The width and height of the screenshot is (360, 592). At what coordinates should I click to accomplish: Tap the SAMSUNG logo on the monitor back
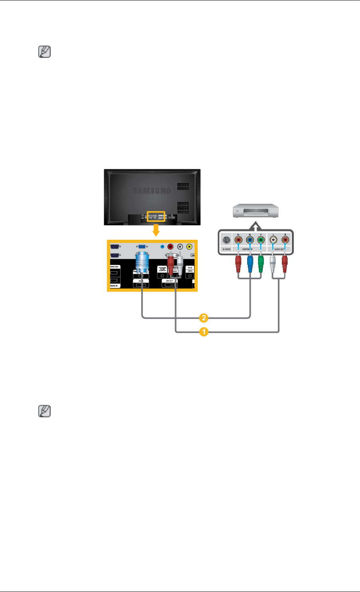pyautogui.click(x=152, y=191)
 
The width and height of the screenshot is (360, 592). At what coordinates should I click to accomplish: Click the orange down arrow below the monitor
pyautogui.click(x=156, y=229)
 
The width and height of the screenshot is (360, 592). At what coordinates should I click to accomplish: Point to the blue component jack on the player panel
pyautogui.click(x=249, y=241)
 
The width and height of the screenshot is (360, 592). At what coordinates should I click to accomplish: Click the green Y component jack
pyautogui.click(x=260, y=241)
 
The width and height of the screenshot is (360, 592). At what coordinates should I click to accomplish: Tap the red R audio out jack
pyautogui.click(x=285, y=241)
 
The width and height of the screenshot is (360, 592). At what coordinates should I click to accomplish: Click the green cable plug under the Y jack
pyautogui.click(x=260, y=264)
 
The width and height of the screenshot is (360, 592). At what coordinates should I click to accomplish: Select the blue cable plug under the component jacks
pyautogui.click(x=249, y=264)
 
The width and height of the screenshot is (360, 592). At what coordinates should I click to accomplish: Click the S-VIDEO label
pyautogui.click(x=226, y=249)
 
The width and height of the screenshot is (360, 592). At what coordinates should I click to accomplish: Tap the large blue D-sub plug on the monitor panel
pyautogui.click(x=142, y=263)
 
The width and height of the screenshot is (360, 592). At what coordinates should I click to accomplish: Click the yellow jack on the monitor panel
pyautogui.click(x=189, y=247)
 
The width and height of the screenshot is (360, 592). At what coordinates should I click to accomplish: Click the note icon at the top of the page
pyautogui.click(x=44, y=52)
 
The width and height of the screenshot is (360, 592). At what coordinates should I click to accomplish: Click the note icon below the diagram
pyautogui.click(x=44, y=411)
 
